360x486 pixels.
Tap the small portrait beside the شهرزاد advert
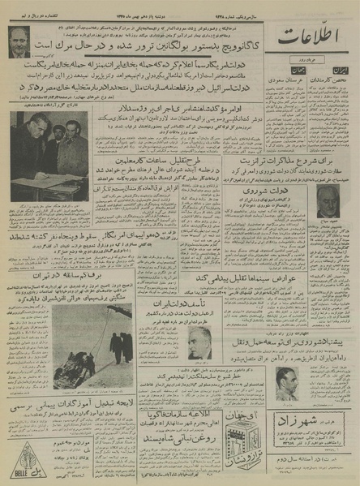tap(285, 382)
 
